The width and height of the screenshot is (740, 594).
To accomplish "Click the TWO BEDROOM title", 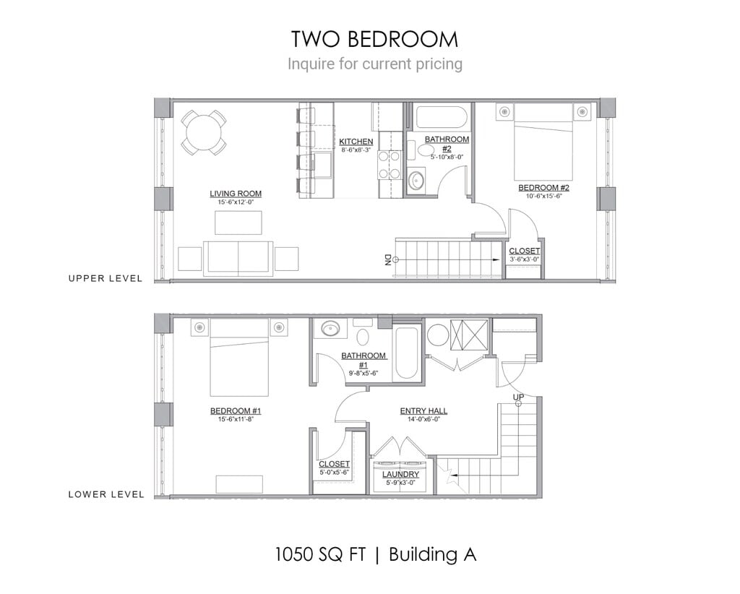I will click(x=374, y=38).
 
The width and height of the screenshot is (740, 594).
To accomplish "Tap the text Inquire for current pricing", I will click(x=374, y=64).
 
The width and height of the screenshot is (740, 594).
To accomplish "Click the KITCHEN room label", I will click(x=356, y=142).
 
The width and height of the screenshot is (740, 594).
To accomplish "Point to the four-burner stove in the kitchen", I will click(x=390, y=164).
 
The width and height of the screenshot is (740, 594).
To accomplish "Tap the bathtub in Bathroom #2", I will click(x=441, y=118).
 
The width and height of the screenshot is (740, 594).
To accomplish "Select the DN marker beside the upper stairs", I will click(x=388, y=260).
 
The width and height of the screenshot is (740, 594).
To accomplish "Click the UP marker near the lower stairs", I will click(x=518, y=397).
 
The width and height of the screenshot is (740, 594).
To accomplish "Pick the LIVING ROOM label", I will click(x=236, y=194).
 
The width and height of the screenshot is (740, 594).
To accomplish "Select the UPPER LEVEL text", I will click(x=106, y=278).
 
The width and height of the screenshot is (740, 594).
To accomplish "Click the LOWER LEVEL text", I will click(x=106, y=495).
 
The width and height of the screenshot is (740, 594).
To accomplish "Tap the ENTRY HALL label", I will click(x=423, y=411).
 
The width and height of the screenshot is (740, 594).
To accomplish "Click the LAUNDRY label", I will click(x=401, y=475).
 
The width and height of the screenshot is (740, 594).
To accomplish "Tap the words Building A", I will click(x=432, y=555).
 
